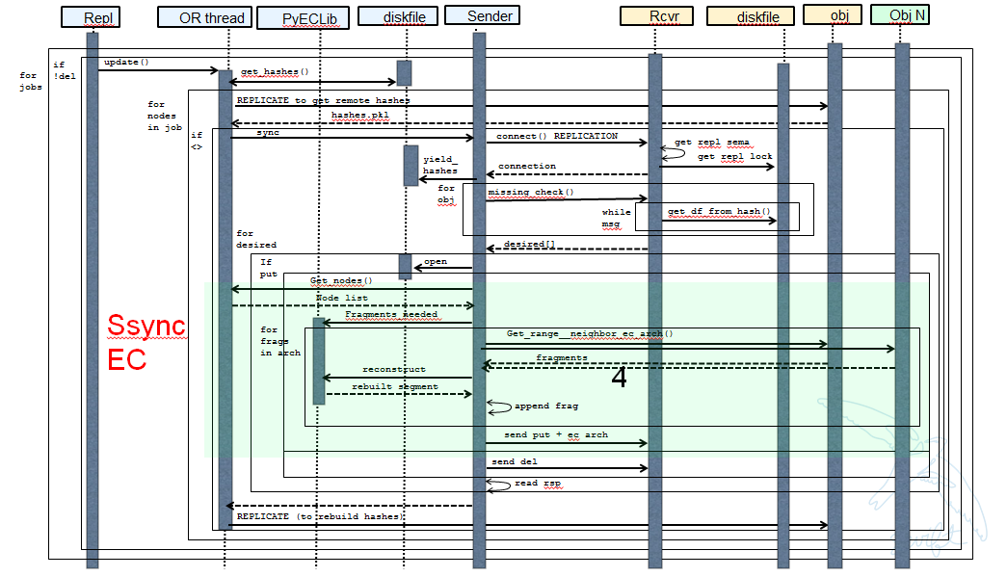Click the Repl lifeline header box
[x=93, y=17]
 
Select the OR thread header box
[x=203, y=17]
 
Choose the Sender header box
[x=479, y=15]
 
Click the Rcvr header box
[x=657, y=15]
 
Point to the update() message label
[x=126, y=63]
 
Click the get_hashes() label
[x=275, y=71]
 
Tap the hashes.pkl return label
[x=360, y=115]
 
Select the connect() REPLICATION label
[x=557, y=136]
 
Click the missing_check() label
[x=530, y=192]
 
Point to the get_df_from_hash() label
[x=720, y=211]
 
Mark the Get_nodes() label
[x=341, y=280]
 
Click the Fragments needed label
[x=391, y=314]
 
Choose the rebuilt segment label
[x=394, y=386]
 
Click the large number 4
[x=619, y=379]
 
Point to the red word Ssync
[x=146, y=326]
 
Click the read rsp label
[x=538, y=483]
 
